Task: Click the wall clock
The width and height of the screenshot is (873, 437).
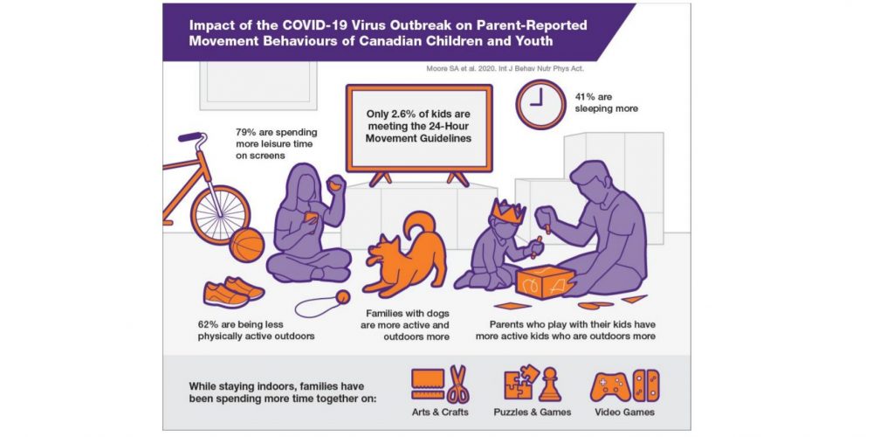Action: [540, 104]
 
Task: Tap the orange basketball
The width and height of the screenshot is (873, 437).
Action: [247, 245]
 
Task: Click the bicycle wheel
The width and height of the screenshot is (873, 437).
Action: [221, 215]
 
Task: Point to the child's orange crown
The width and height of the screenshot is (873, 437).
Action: [508, 210]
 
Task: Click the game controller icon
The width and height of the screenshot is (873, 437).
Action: [610, 385]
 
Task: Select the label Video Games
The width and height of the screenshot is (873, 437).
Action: [624, 413]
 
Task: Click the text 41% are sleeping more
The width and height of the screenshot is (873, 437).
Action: [607, 102]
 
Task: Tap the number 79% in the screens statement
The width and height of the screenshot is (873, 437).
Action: [245, 132]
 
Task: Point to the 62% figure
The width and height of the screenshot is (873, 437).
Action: [207, 324]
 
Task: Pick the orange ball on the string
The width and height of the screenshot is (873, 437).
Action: [342, 296]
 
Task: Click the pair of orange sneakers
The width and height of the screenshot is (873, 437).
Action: [233, 292]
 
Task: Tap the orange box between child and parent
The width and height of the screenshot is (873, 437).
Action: [545, 282]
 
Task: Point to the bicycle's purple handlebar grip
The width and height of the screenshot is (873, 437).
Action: [189, 137]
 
